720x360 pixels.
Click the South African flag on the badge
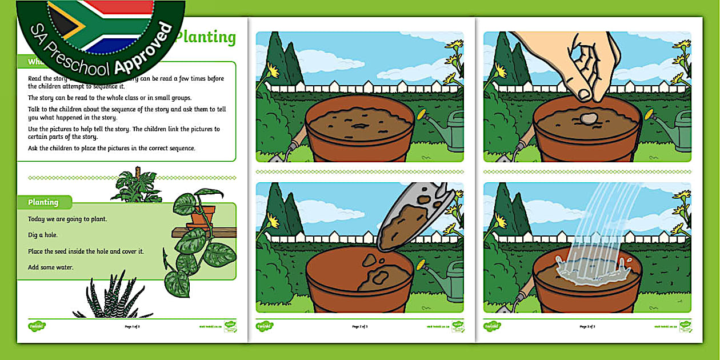pyautogui.click(x=97, y=26)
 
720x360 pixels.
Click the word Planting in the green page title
pyautogui.click(x=206, y=37)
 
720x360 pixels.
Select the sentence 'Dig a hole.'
pyautogui.click(x=43, y=235)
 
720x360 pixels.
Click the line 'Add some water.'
pyautogui.click(x=51, y=267)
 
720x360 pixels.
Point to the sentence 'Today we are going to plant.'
pyautogui.click(x=67, y=219)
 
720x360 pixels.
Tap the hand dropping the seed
pyautogui.click(x=589, y=60)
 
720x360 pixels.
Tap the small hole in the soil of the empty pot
pyautogui.click(x=360, y=125)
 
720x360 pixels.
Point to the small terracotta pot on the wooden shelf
pyautogui.click(x=201, y=214)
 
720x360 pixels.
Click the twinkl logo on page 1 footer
pyautogui.click(x=37, y=326)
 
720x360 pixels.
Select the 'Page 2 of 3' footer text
pyautogui.click(x=360, y=326)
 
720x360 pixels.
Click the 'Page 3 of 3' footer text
pyautogui.click(x=587, y=326)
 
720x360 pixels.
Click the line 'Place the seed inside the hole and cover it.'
pyautogui.click(x=86, y=251)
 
